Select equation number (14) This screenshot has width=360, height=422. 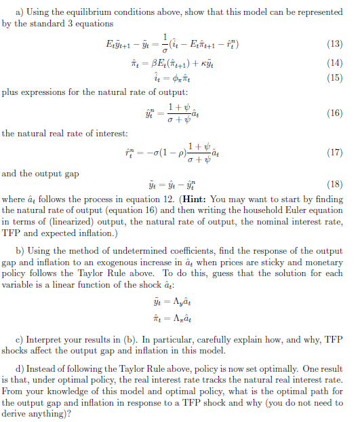pos(334,64)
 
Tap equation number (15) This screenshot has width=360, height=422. pos(334,79)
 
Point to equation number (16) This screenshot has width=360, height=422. pos(334,113)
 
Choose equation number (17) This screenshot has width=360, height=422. pos(334,152)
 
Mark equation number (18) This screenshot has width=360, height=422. pos(334,185)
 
